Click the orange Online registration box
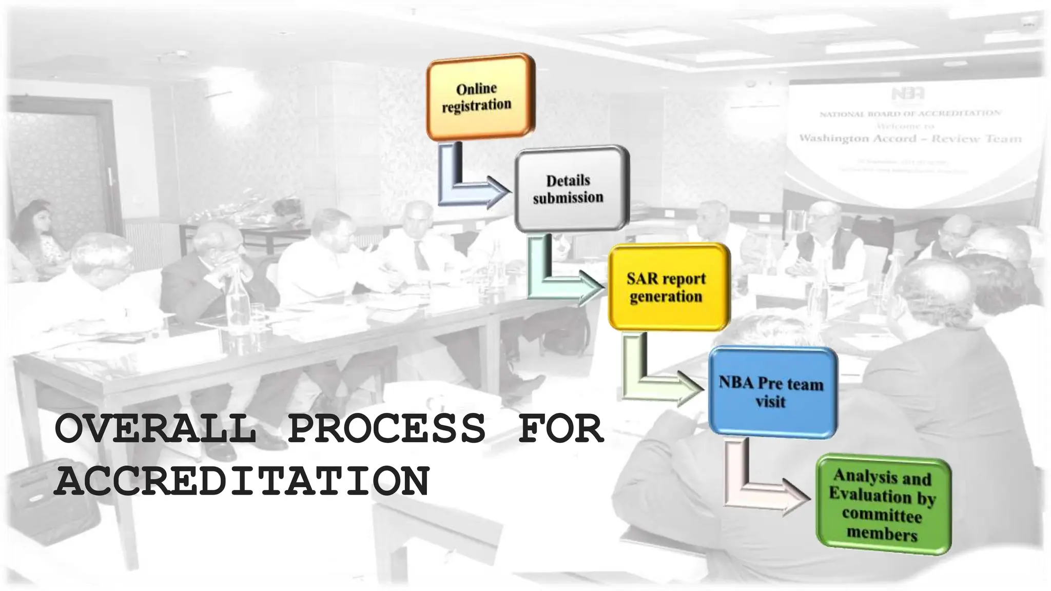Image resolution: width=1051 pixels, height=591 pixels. click(x=480, y=97)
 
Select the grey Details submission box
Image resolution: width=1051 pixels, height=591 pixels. click(x=571, y=189)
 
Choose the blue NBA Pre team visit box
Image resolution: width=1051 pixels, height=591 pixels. click(x=772, y=392)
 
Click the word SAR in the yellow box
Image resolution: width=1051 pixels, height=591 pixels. click(x=642, y=279)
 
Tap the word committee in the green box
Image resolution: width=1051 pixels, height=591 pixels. click(x=882, y=515)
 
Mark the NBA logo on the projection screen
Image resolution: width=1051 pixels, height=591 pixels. click(x=908, y=93)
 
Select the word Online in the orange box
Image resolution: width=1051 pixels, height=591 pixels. click(x=476, y=89)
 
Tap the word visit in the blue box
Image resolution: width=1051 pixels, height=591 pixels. click(x=770, y=402)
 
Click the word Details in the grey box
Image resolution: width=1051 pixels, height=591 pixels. click(x=568, y=181)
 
